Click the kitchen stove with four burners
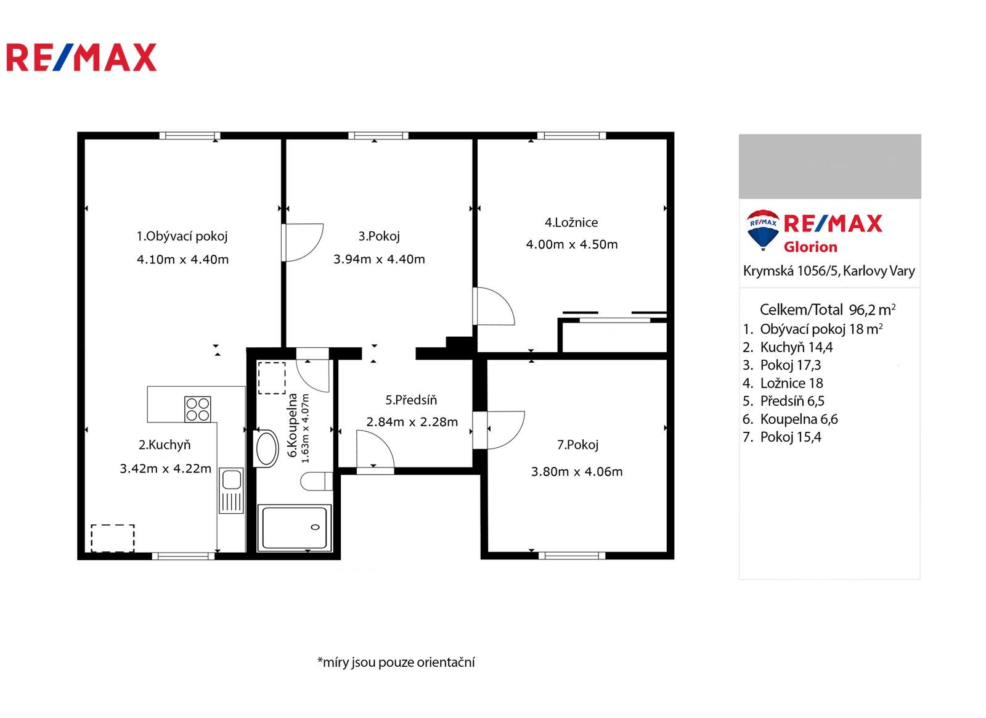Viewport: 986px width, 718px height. click(x=197, y=409)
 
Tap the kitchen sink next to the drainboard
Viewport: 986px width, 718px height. click(x=232, y=479)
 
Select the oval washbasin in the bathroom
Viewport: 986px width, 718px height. click(x=267, y=448)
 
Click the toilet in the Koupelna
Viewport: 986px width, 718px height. click(x=316, y=481)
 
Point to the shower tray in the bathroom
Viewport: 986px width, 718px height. click(x=295, y=527)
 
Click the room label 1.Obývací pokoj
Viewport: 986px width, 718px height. click(x=182, y=236)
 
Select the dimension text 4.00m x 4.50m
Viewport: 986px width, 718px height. click(x=571, y=244)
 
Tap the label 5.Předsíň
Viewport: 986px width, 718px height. click(x=411, y=400)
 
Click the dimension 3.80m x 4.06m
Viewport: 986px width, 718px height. click(x=576, y=472)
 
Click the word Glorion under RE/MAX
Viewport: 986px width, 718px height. click(x=810, y=247)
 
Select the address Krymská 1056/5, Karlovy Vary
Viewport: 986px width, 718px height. click(x=828, y=271)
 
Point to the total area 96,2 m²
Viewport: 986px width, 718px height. click(x=871, y=310)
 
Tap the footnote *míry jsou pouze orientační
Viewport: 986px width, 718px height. click(x=396, y=662)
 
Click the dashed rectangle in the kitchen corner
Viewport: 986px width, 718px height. click(x=113, y=538)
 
